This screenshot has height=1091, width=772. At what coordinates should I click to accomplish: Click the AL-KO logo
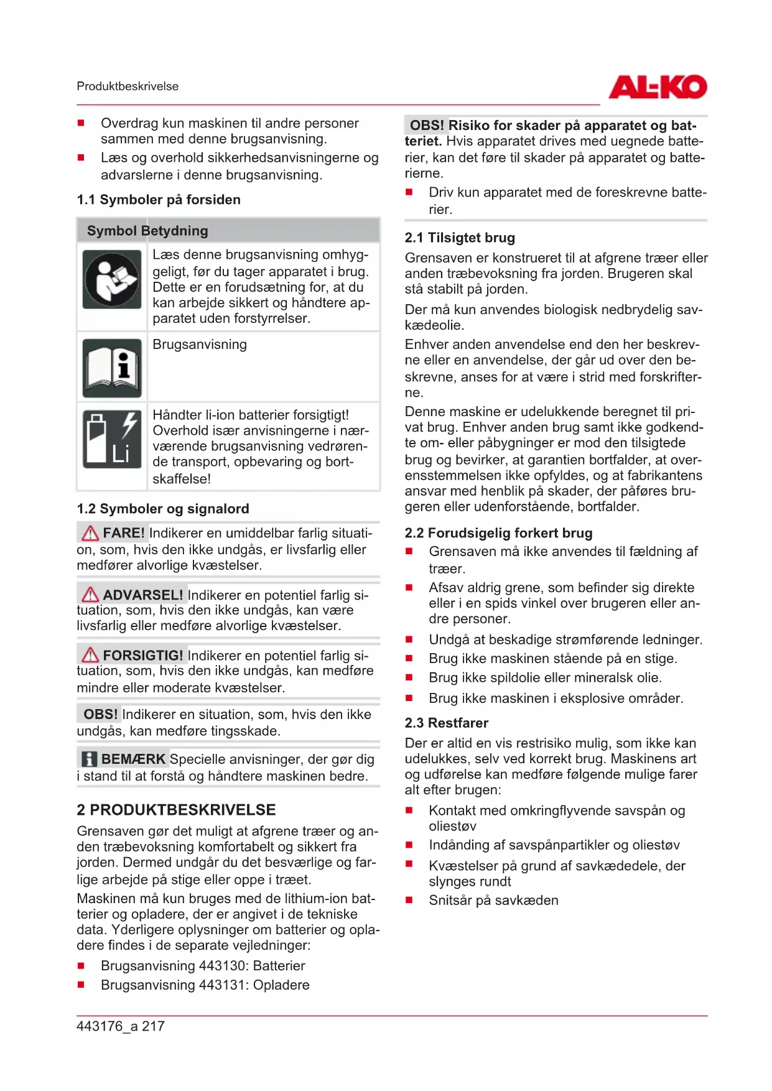coord(658,87)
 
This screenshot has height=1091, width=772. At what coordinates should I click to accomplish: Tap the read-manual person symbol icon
coord(112,279)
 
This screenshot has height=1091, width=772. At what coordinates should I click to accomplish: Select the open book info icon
coord(112,368)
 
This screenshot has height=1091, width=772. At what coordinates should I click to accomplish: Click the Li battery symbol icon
coord(112,439)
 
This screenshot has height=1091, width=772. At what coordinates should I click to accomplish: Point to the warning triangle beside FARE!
coord(90,533)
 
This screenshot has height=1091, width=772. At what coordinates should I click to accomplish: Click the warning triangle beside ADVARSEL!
coord(90,595)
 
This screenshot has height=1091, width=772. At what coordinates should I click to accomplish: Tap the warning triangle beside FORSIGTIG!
coord(90,655)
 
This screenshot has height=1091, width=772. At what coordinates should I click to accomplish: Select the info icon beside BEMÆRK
coord(90,759)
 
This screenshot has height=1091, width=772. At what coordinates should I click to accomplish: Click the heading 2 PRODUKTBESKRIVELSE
coord(176,810)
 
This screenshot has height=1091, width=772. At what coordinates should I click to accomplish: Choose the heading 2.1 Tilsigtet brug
coord(460,238)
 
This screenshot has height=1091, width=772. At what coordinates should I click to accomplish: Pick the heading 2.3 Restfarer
coord(446,723)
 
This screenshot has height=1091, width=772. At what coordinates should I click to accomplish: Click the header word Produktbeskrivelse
coord(128,86)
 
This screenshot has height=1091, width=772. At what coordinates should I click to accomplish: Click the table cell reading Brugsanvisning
coord(200,345)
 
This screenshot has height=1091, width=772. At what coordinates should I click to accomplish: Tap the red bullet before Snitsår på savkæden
coord(409,900)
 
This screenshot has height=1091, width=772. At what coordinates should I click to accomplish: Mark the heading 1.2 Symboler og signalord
coord(163,509)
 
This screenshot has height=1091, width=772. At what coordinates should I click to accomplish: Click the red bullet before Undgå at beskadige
coord(409,639)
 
